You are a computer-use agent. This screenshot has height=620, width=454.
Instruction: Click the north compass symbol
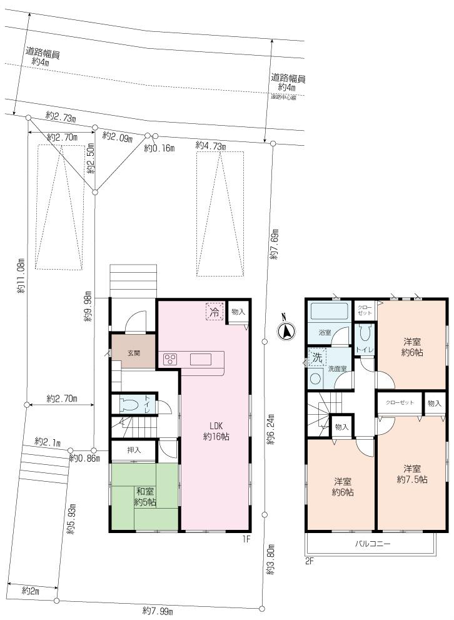click(285, 332)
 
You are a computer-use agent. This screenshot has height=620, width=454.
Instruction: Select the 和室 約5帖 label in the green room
click(146, 497)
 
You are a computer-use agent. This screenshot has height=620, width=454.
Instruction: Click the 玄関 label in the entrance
click(134, 353)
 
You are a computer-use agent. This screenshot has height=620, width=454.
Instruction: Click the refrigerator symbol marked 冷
click(214, 312)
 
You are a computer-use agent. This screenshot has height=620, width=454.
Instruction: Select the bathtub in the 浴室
click(329, 312)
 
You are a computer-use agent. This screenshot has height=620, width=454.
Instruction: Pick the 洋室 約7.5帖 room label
click(412, 474)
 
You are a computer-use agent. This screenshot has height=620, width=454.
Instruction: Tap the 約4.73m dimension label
click(211, 145)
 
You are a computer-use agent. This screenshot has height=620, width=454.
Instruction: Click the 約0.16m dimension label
click(159, 148)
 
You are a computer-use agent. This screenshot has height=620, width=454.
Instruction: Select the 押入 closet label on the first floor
click(134, 450)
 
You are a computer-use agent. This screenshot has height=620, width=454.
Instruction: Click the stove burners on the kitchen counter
click(170, 359)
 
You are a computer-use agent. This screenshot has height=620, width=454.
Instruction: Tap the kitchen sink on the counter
click(201, 359)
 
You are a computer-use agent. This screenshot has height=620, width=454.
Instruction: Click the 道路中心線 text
click(283, 97)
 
